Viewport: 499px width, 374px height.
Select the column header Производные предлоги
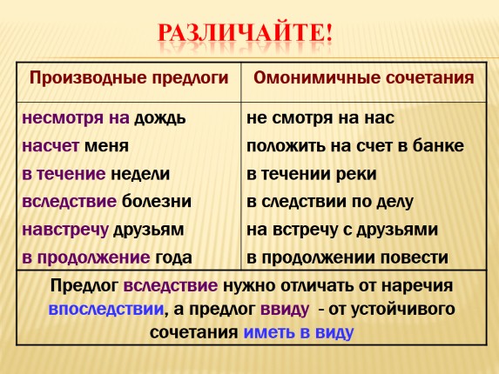(129, 77)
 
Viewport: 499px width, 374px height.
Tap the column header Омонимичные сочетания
(363, 77)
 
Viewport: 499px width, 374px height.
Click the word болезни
(155, 201)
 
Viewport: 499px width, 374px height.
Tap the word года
(174, 257)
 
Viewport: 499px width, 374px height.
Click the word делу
(393, 201)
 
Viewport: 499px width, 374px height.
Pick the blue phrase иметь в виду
(299, 332)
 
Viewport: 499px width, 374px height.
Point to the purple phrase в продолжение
(85, 257)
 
